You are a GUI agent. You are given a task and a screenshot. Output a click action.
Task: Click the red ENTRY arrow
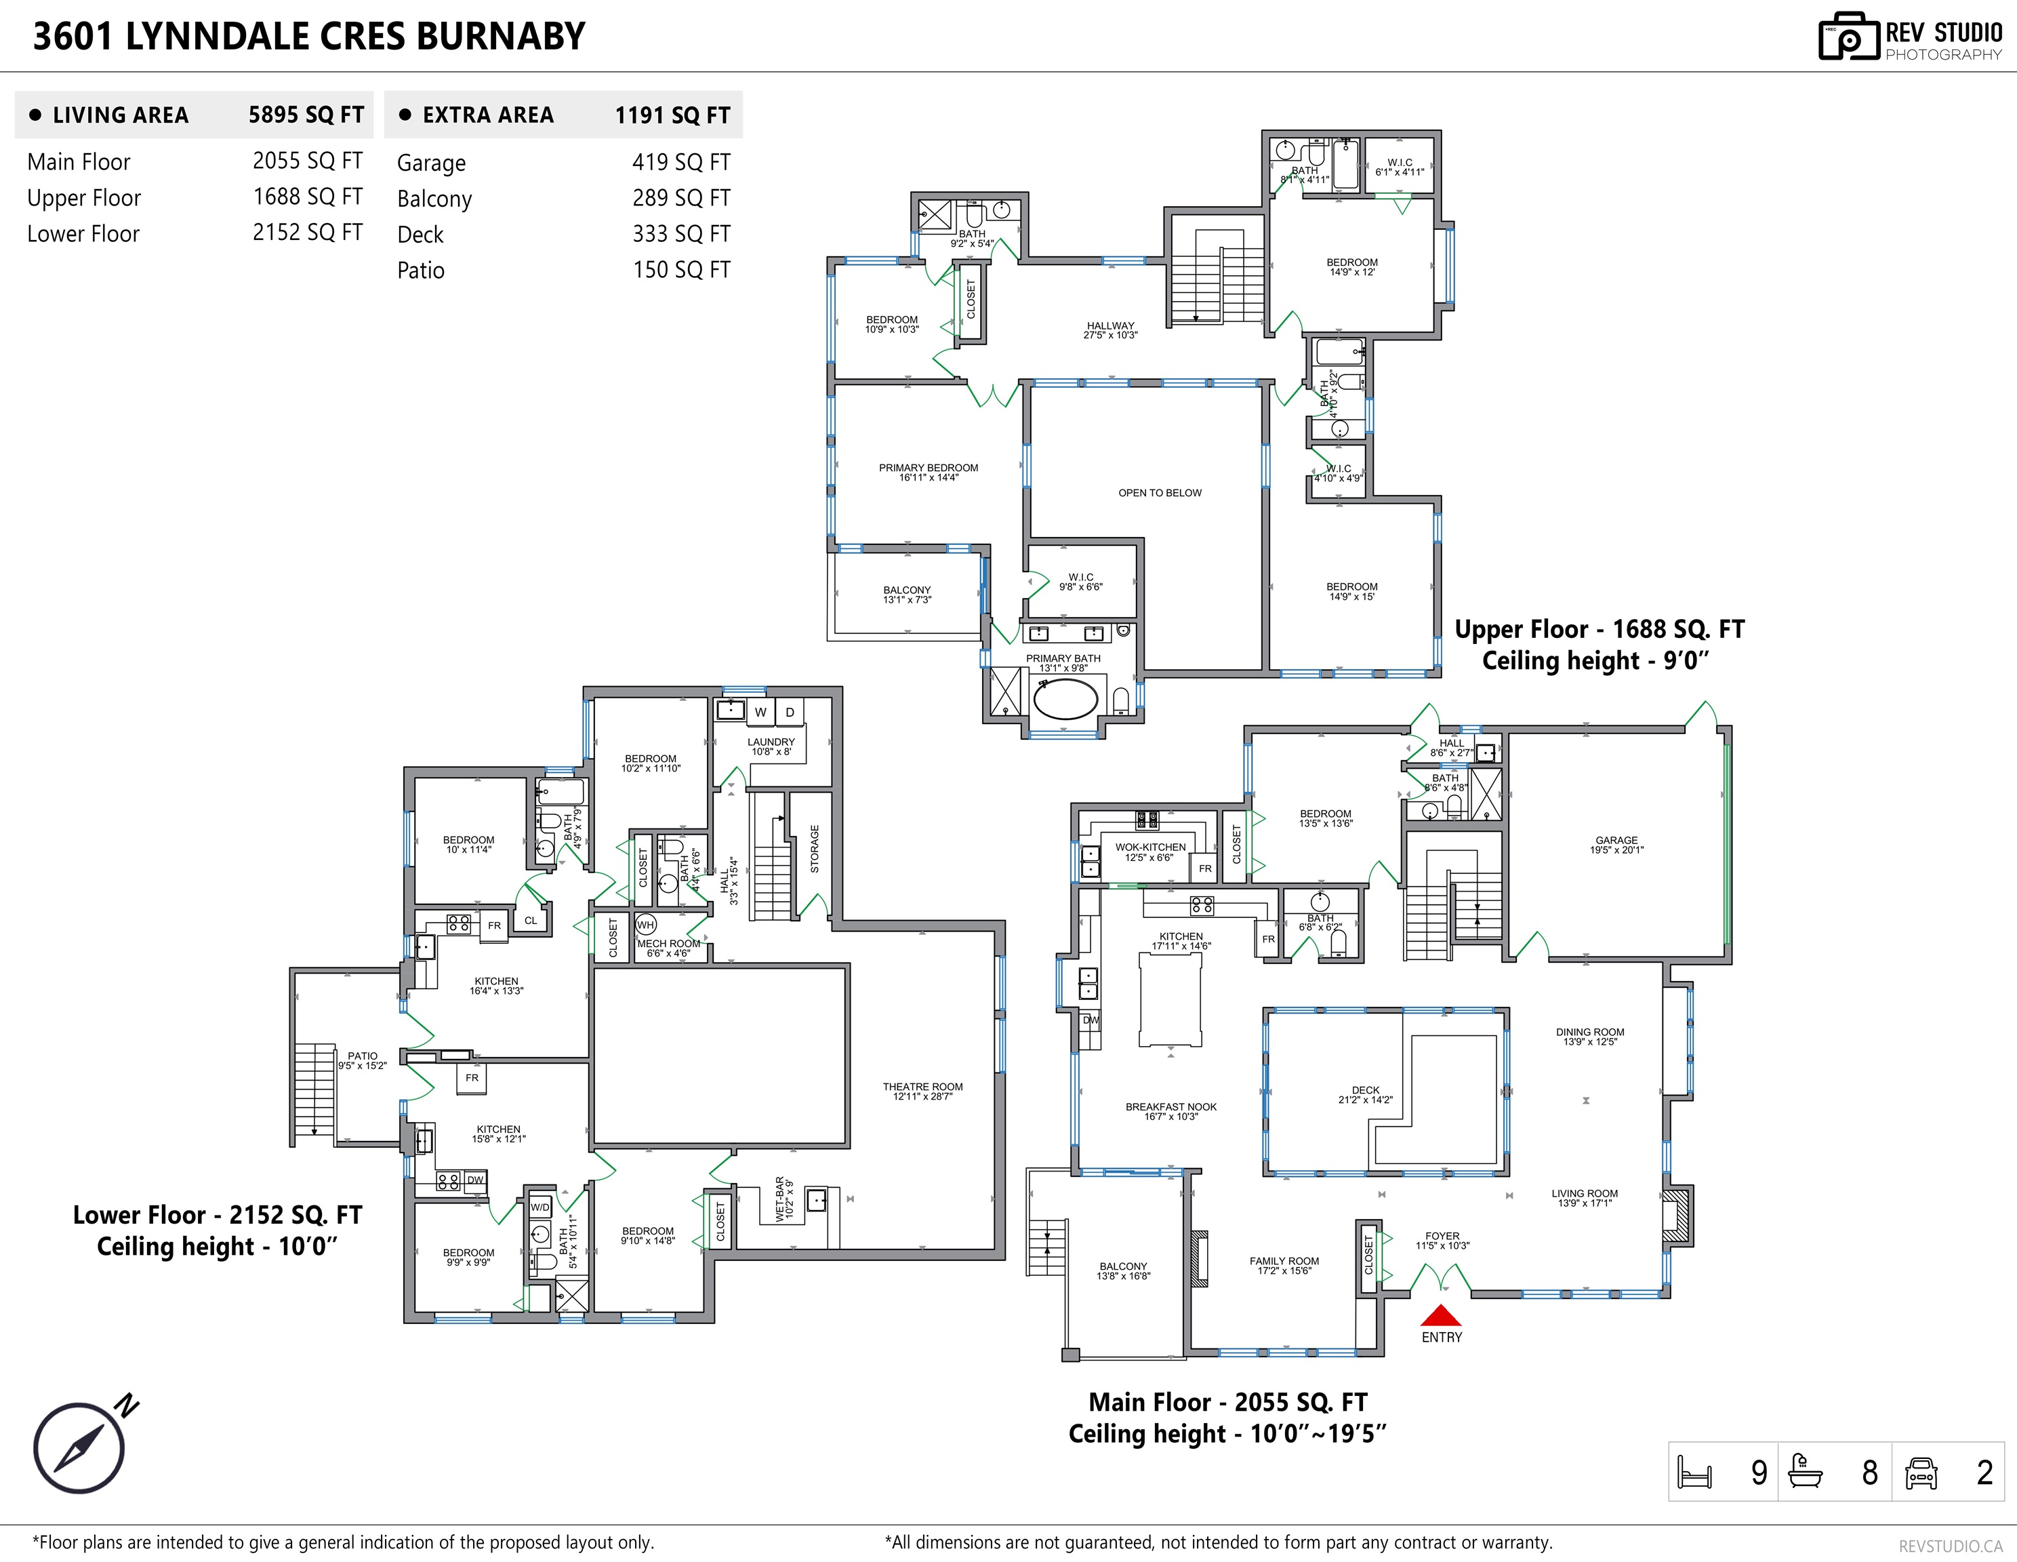[1441, 1315]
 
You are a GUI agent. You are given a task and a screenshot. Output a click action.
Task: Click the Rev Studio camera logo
[1850, 37]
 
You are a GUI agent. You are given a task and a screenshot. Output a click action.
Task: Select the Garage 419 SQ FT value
[680, 163]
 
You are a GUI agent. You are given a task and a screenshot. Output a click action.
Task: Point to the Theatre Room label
[922, 1092]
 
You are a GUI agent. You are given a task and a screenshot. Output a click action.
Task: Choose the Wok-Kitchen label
[1149, 852]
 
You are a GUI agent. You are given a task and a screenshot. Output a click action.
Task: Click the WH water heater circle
[645, 925]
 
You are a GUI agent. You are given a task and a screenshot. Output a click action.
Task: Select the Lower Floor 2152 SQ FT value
[308, 233]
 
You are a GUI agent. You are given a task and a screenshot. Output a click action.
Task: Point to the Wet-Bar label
[784, 1199]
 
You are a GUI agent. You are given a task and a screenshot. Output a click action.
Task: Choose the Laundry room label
[770, 746]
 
